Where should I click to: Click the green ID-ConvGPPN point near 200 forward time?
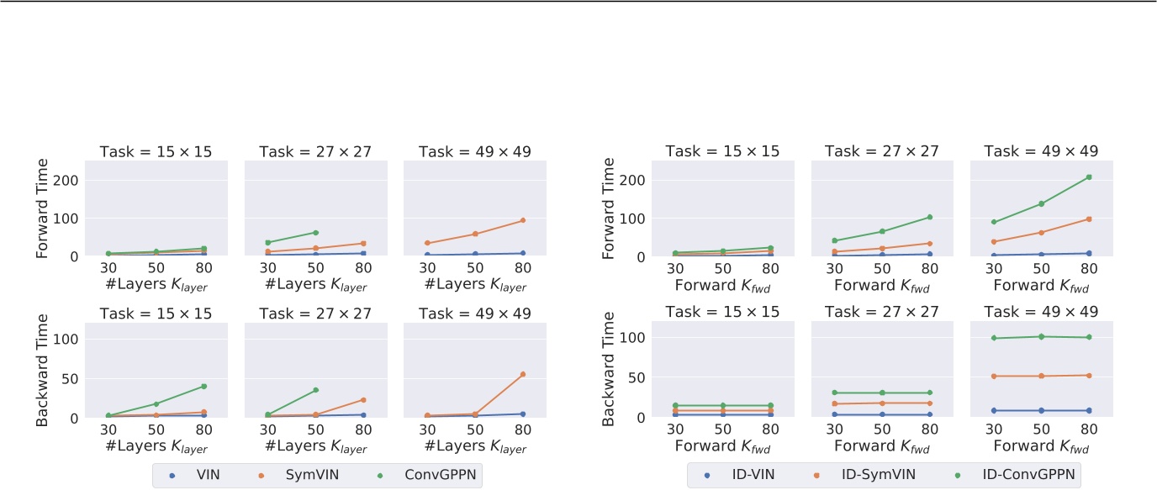point(1089,177)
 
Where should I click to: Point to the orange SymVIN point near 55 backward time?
point(522,374)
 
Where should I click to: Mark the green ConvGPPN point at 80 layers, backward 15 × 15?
point(203,387)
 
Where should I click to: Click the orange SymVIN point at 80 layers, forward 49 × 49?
point(522,220)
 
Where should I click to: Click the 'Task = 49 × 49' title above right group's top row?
point(1041,151)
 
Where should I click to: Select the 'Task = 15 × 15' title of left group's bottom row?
point(156,313)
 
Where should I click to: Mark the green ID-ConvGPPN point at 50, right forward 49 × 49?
point(1041,203)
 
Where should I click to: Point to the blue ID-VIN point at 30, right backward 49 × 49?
point(994,410)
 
